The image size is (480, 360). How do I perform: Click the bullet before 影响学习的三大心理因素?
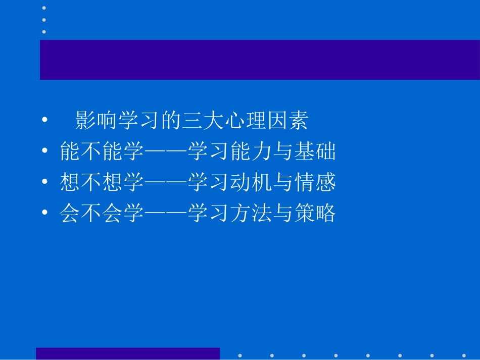(45, 121)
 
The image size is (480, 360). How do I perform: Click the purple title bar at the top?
(260, 60)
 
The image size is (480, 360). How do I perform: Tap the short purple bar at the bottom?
(128, 353)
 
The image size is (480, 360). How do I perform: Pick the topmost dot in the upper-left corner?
(44, 8)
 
